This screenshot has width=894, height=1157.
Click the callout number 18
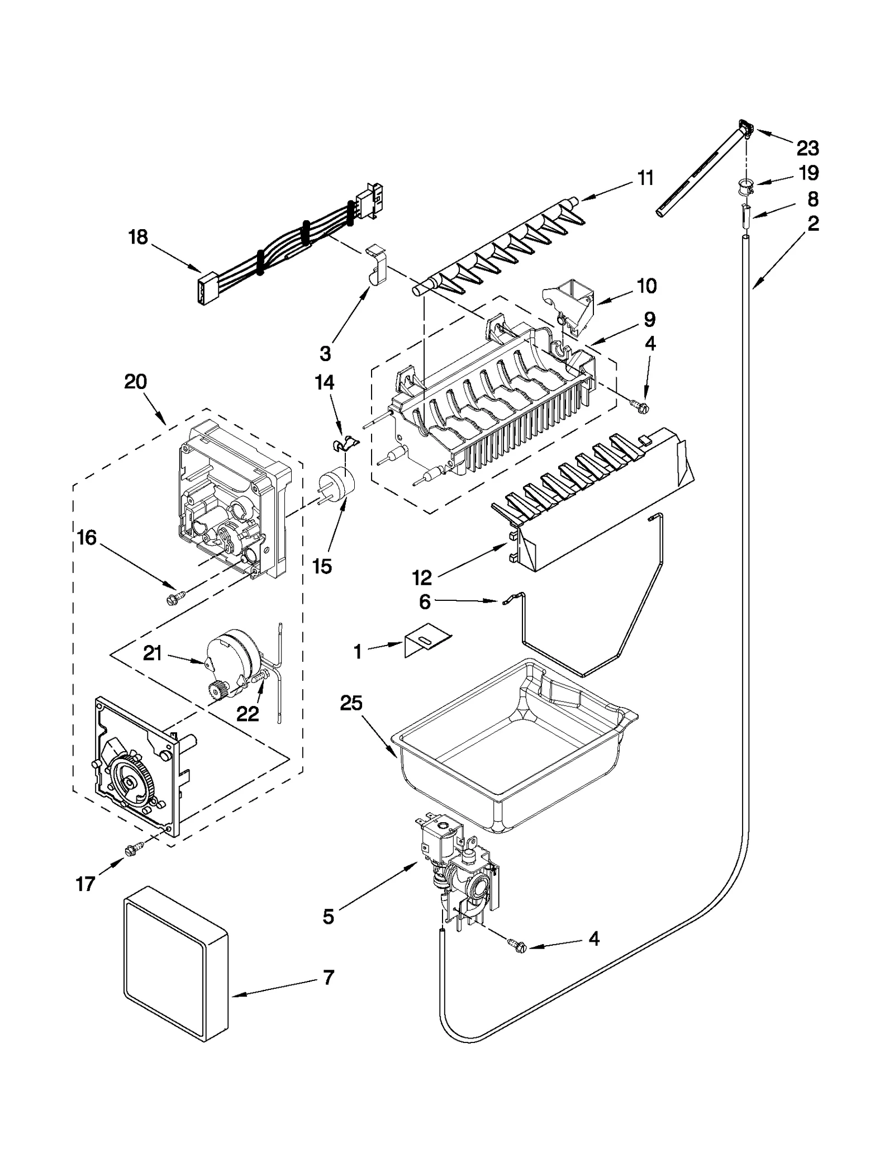coord(138,237)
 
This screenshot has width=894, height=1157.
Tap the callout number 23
coord(807,149)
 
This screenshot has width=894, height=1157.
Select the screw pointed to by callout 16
coord(172,599)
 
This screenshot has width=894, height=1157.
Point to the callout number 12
coord(422,577)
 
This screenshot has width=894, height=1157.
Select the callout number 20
coord(136,382)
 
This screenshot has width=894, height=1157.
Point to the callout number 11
coord(645,178)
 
